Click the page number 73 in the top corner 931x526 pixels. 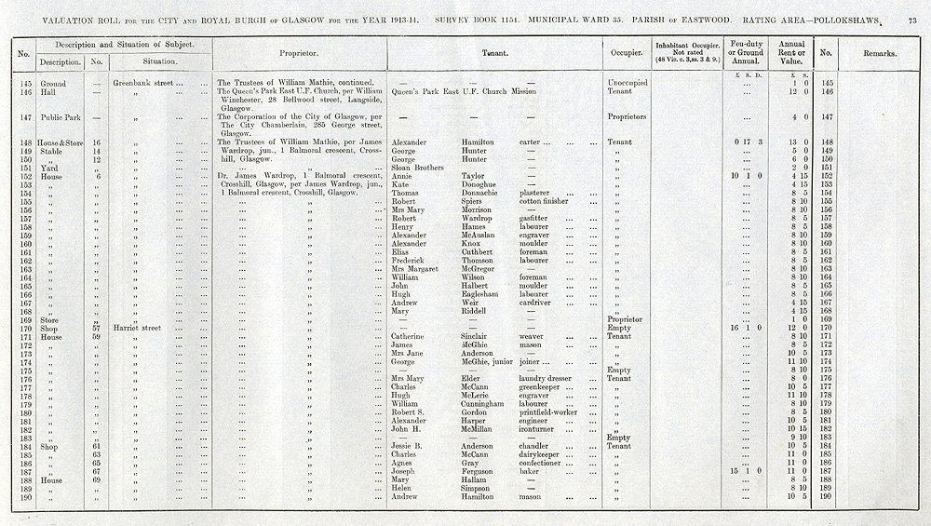pos(911,20)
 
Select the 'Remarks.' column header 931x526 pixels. pos(879,54)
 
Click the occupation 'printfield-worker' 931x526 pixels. pos(549,412)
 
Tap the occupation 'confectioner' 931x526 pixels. pos(544,463)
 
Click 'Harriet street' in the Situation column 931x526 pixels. pos(138,328)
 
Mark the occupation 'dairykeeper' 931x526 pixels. pos(543,454)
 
